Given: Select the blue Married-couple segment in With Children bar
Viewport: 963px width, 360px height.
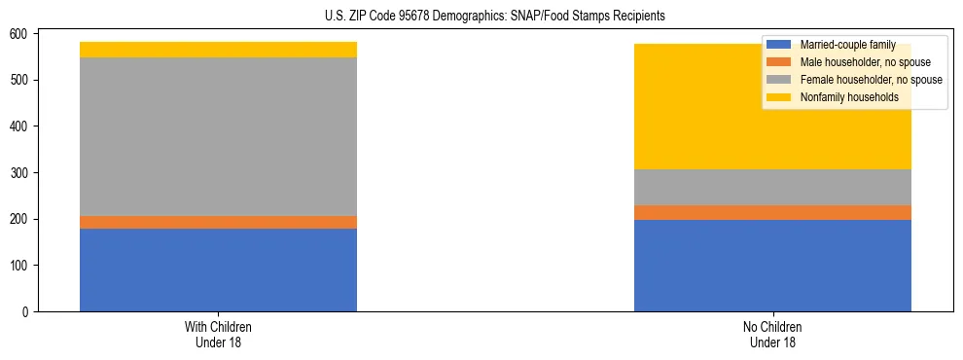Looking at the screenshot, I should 218,270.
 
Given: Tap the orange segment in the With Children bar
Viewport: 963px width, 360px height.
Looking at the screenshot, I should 218,222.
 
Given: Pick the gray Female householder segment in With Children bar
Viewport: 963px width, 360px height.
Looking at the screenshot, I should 218,136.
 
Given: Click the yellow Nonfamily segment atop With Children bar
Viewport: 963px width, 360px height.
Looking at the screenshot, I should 218,50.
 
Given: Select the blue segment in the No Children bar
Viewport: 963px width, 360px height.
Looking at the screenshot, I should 772,266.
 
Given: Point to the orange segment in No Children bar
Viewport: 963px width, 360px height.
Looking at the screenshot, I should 772,212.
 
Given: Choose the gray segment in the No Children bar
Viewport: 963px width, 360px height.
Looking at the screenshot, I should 772,187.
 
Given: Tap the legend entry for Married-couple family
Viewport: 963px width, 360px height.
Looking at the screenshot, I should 847,45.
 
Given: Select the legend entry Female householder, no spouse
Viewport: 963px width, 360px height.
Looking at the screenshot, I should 871,80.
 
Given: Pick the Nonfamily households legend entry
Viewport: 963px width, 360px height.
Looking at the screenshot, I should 849,97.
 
